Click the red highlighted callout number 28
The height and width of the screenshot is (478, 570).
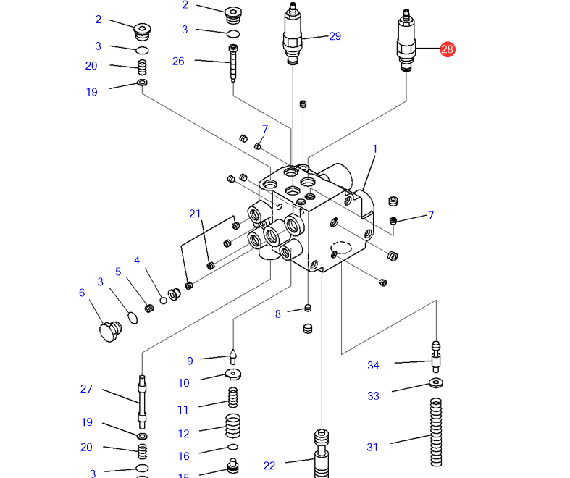click(447, 49)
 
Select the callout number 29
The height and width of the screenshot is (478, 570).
click(335, 36)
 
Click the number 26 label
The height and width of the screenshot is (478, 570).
click(178, 61)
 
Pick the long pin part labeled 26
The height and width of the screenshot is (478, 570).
click(233, 63)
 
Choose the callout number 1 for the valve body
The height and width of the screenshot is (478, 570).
click(375, 149)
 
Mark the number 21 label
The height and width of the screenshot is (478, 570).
click(194, 213)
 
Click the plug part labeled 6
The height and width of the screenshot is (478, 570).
click(109, 330)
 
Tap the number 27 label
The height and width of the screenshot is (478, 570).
click(86, 389)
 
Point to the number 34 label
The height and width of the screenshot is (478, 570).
click(373, 366)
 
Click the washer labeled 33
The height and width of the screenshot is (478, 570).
click(436, 382)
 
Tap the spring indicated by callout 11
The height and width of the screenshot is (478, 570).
click(232, 398)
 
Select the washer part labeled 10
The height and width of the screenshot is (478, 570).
click(232, 374)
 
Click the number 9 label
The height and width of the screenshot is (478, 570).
click(190, 361)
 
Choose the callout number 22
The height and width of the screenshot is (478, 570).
click(269, 466)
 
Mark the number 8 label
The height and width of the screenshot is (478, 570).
click(277, 314)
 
